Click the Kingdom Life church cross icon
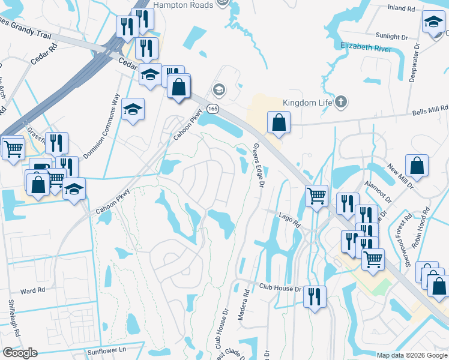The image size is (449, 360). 341,102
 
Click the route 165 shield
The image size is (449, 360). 213,108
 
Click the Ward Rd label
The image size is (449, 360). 32,290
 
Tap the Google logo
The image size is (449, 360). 20,353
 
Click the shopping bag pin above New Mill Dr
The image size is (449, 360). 417,165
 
